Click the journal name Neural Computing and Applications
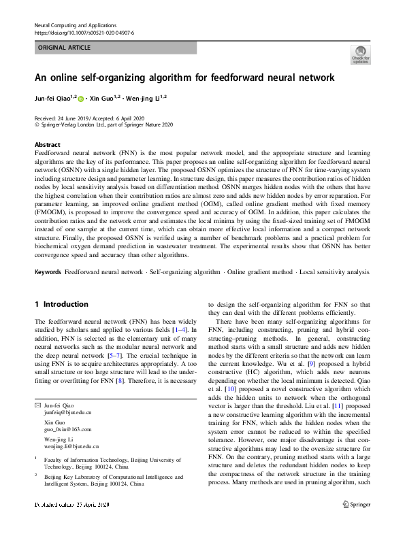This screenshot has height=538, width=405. tap(74, 24)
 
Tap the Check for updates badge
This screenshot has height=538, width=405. tap(360, 54)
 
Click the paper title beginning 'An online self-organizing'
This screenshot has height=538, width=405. tap(184, 78)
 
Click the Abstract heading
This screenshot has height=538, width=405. tap(47, 145)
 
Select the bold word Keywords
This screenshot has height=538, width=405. tap(48, 271)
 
